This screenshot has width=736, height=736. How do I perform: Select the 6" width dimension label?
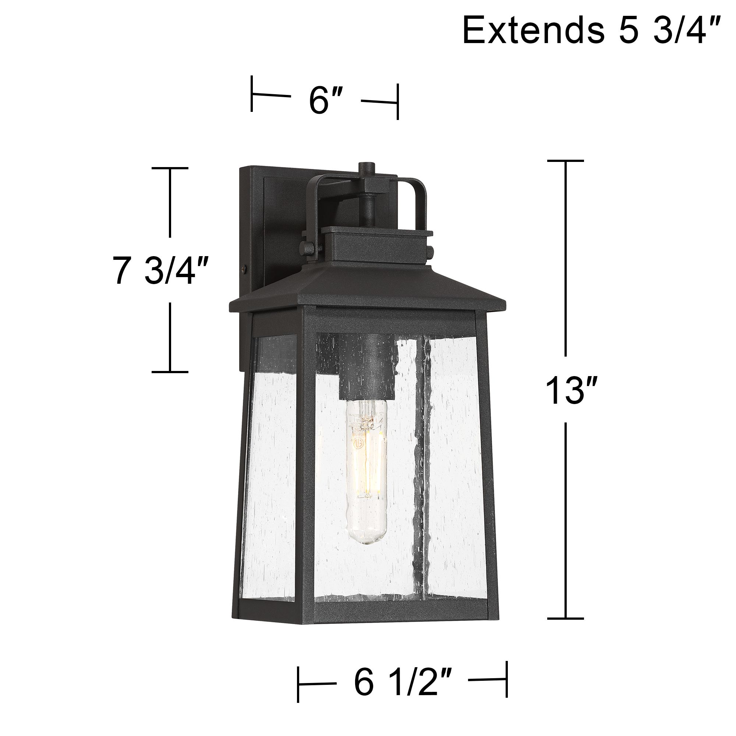[324, 100]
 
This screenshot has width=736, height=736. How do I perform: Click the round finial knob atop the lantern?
[367, 167]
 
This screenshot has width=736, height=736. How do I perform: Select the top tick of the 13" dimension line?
[565, 161]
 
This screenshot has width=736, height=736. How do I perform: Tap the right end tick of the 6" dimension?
[398, 102]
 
